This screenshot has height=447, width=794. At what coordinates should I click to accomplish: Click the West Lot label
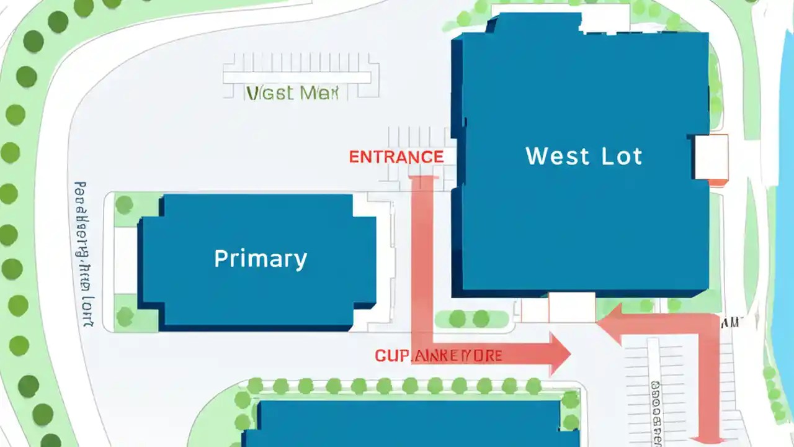pos(584,156)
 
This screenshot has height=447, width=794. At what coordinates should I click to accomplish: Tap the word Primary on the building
pos(261,258)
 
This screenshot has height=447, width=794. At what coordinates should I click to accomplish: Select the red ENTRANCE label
pos(396,157)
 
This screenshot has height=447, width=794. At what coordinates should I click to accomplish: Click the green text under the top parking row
pos(292,94)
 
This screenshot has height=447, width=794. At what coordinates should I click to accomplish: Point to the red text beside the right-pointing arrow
pos(438,356)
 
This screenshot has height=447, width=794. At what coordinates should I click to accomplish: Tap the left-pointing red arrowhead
pos(612,323)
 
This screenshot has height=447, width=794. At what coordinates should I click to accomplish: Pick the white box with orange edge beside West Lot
pos(711,158)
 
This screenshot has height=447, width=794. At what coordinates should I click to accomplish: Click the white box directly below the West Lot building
pos(572,307)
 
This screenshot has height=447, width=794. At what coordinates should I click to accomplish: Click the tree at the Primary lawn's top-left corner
pos(125,204)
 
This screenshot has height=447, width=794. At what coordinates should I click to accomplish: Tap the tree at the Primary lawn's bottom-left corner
pos(125,317)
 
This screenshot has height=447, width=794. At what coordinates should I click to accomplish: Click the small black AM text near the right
pos(730,322)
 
